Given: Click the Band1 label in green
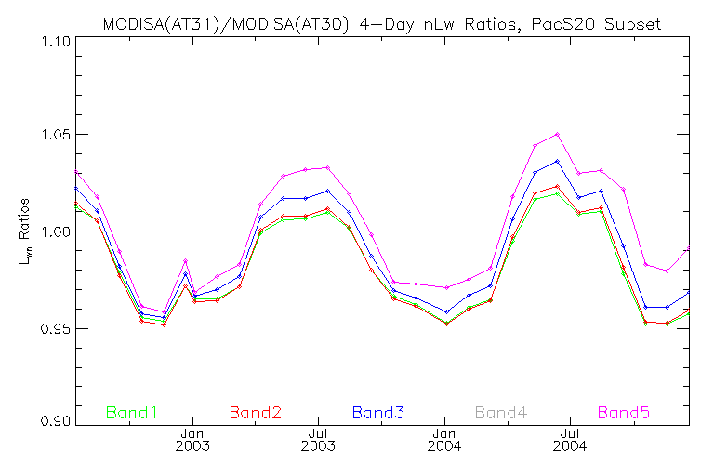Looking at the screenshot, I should [x=130, y=412].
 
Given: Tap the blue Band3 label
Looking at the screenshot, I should [x=377, y=412].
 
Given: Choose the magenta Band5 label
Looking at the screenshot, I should [x=625, y=412].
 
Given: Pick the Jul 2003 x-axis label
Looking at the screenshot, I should [x=318, y=440].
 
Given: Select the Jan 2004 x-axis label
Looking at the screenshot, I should [x=444, y=440].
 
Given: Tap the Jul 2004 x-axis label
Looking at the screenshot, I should [x=570, y=440].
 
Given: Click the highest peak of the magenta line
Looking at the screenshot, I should [x=557, y=134].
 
